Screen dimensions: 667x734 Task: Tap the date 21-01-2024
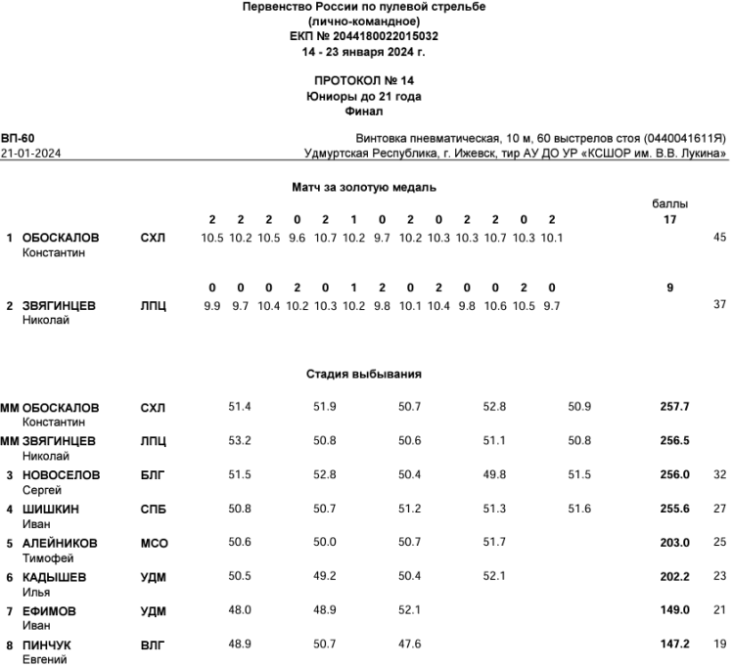[28, 154]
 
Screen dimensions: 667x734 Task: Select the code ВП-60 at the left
[18, 139]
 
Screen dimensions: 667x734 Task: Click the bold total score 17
[669, 219]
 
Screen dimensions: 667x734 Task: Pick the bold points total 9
[669, 288]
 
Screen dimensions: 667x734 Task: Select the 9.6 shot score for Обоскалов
[298, 237]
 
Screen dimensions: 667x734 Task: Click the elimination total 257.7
[674, 406]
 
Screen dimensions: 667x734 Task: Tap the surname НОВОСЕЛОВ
[61, 474]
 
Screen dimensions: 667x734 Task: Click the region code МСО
[154, 543]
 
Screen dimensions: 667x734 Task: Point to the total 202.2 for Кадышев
[674, 577]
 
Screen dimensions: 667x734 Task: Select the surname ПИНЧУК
[47, 645]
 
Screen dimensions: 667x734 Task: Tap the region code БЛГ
[154, 474]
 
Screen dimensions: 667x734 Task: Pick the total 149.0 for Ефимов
[674, 611]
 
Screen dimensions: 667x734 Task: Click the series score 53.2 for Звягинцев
[240, 440]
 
